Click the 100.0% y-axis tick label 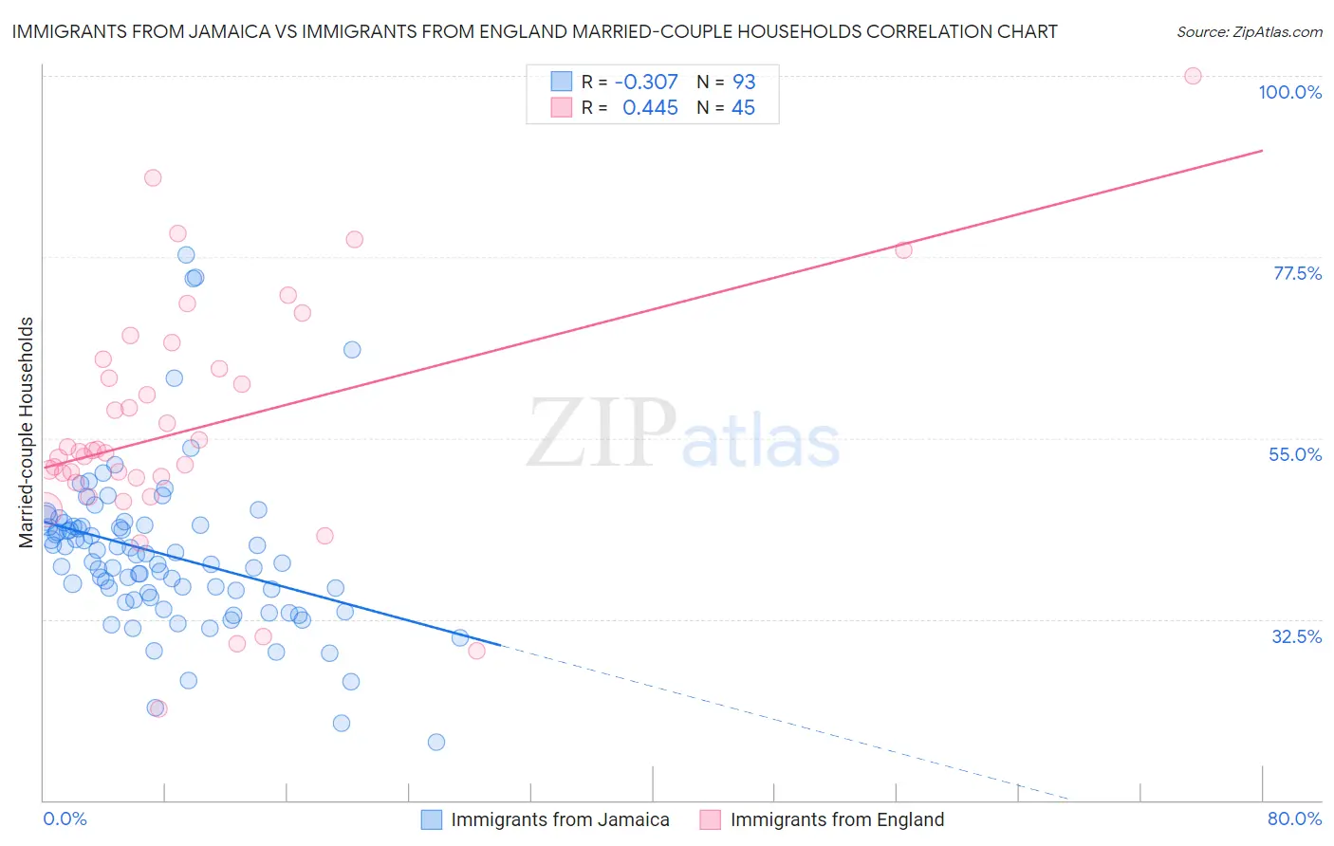(x=1289, y=92)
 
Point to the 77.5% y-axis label (x=1297, y=273)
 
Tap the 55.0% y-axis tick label (x=1295, y=454)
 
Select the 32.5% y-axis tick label (x=1296, y=636)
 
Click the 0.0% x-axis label (x=65, y=819)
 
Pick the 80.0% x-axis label (x=1294, y=819)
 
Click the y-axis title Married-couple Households (x=27, y=432)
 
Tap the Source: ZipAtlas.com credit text (x=1249, y=31)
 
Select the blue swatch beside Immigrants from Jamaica (x=432, y=820)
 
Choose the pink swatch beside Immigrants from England (x=710, y=820)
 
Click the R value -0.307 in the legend (x=646, y=82)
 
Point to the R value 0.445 (x=650, y=108)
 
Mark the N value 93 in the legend (x=744, y=82)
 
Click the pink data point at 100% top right (x=1193, y=76)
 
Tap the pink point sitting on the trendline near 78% (x=903, y=249)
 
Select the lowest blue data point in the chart (x=436, y=742)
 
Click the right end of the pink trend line (x=1262, y=151)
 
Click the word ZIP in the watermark (x=602, y=433)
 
